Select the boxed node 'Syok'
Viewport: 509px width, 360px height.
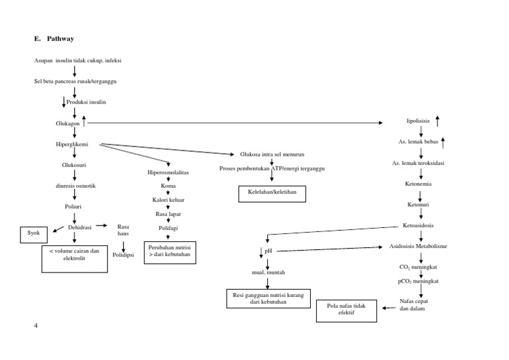pos(34,233)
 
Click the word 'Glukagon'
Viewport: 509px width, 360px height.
pos(68,123)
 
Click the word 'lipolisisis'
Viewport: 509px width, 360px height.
pos(418,122)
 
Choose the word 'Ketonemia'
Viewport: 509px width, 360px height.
pos(419,184)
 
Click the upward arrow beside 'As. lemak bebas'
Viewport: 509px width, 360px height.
pos(443,141)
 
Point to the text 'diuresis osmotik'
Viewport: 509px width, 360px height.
pos(75,186)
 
